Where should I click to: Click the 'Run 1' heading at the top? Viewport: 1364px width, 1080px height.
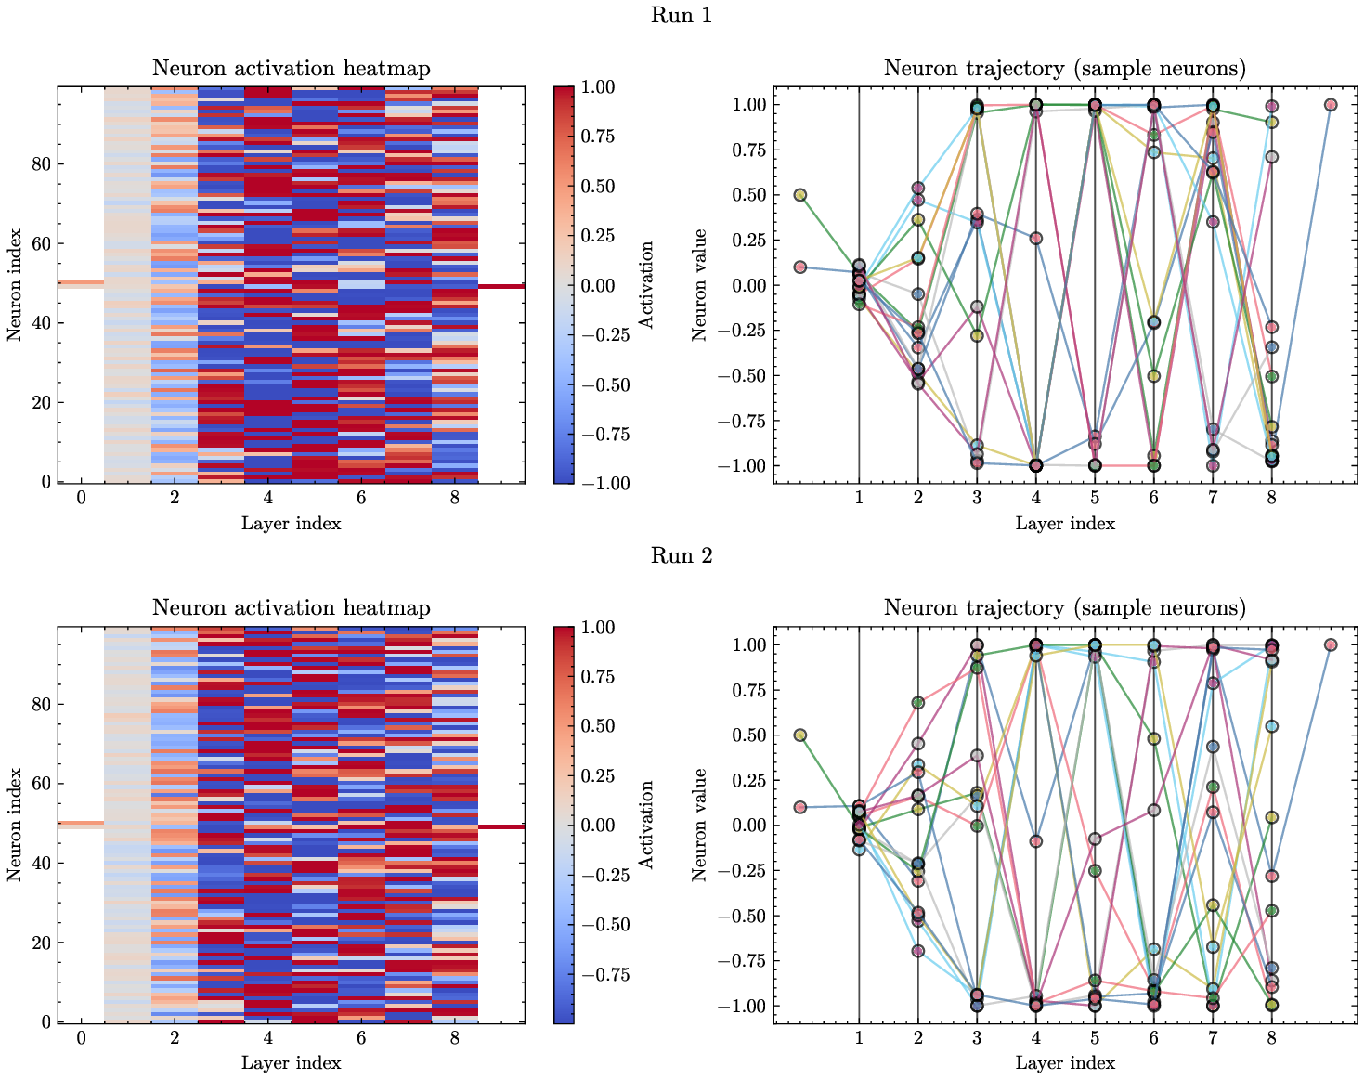pyautogui.click(x=682, y=16)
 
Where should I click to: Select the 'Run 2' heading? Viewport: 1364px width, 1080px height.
pyautogui.click(x=682, y=555)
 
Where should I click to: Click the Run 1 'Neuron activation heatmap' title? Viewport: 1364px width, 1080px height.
pyautogui.click(x=291, y=68)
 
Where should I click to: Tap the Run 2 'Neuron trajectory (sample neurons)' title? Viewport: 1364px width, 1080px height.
pyautogui.click(x=1064, y=607)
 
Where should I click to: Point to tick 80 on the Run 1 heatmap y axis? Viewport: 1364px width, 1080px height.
pyautogui.click(x=44, y=164)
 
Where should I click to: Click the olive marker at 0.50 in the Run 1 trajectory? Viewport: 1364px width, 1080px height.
pyautogui.click(x=799, y=195)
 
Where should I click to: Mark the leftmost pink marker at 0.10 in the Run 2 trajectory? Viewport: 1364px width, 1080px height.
pyautogui.click(x=799, y=807)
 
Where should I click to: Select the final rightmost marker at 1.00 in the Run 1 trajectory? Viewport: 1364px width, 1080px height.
pyautogui.click(x=1330, y=105)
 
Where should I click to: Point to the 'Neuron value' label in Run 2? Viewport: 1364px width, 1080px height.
pyautogui.click(x=700, y=825)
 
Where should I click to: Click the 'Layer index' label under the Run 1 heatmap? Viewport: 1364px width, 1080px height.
pyautogui.click(x=291, y=523)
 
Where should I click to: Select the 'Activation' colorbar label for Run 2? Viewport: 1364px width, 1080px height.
pyautogui.click(x=647, y=825)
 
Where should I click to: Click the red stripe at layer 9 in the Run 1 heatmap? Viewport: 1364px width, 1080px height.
pyautogui.click(x=501, y=287)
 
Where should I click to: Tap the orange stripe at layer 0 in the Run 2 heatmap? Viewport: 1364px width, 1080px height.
pyautogui.click(x=81, y=823)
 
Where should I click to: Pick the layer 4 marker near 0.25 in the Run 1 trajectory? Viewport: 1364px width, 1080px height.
pyautogui.click(x=1035, y=239)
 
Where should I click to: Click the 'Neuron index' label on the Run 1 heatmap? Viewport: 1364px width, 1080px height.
pyautogui.click(x=15, y=284)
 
